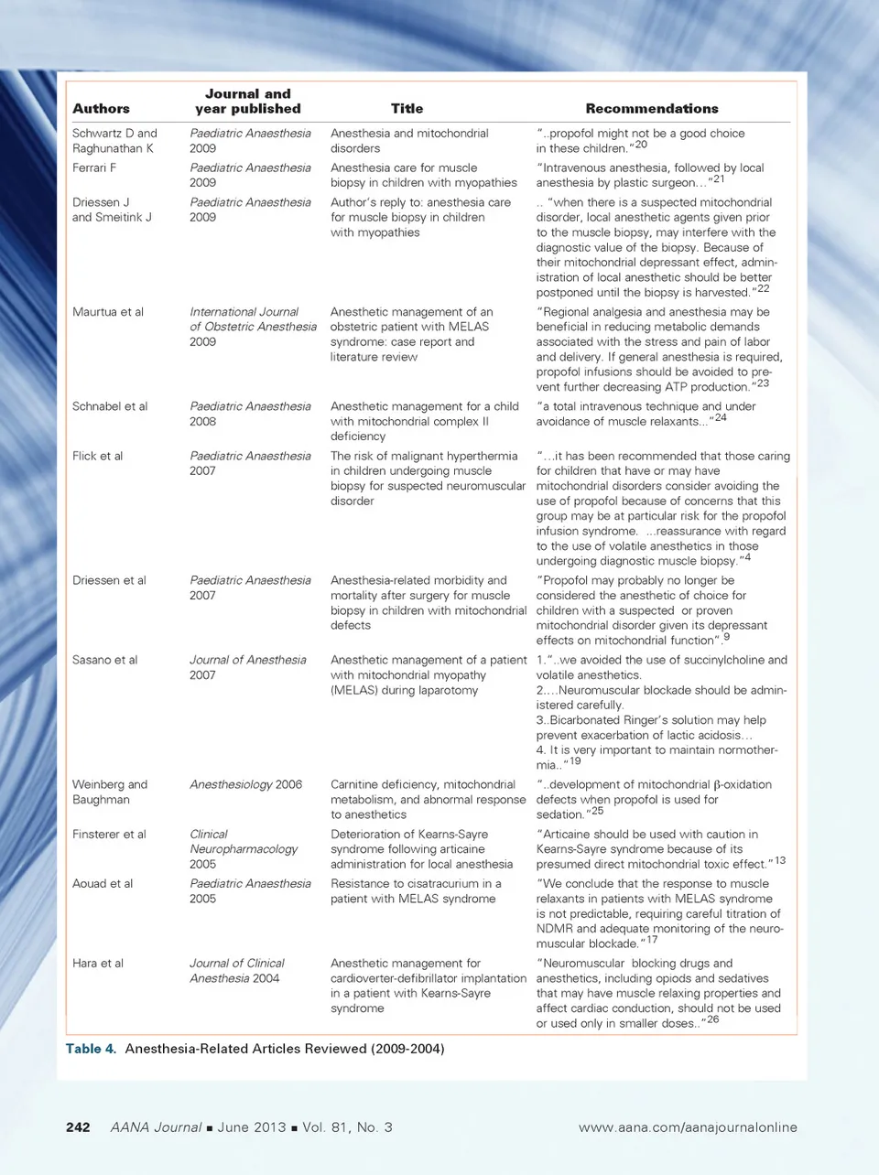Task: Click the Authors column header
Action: (x=101, y=108)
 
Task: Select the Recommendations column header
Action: (x=651, y=108)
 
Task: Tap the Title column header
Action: (x=407, y=108)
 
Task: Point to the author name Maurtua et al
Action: (x=108, y=312)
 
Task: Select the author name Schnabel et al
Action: (x=110, y=406)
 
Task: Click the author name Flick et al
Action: (x=97, y=456)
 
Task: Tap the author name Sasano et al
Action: (x=105, y=660)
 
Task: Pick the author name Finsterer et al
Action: (x=109, y=835)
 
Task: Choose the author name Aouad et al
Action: (x=103, y=884)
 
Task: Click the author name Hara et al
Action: (x=98, y=964)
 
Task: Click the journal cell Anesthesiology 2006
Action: (x=245, y=785)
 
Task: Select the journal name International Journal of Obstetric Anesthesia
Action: (x=253, y=319)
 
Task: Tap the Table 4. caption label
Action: (x=91, y=1049)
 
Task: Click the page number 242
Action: (x=78, y=1127)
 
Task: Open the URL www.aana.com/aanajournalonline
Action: (x=688, y=1127)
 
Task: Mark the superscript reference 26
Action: (x=713, y=1019)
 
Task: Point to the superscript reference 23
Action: (x=763, y=383)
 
